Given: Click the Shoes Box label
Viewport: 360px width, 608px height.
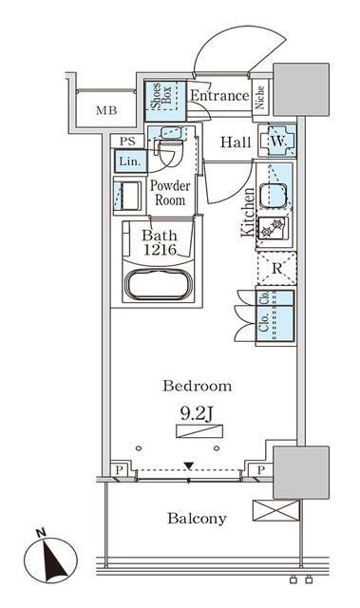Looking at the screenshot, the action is [x=161, y=96].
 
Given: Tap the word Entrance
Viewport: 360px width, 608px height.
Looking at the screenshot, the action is [x=219, y=95].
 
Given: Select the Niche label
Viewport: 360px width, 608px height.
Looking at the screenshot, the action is [x=259, y=97].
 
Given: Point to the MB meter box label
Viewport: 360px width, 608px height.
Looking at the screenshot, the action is [x=106, y=110].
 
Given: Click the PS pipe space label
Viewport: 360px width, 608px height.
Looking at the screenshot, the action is [x=127, y=142].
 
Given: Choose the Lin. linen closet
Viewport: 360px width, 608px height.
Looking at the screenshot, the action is [x=130, y=161].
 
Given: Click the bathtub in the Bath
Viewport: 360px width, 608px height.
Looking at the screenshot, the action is [x=158, y=285].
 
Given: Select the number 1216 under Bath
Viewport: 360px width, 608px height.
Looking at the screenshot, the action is [x=160, y=249].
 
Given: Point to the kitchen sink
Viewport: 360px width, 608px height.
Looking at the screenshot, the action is [x=274, y=196].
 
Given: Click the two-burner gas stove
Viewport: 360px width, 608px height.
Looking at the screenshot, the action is [x=273, y=228].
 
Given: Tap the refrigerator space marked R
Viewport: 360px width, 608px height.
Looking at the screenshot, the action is [x=276, y=269].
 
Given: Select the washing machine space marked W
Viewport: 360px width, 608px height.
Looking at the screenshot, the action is [x=277, y=142].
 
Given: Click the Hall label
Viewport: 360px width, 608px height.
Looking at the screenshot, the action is [x=236, y=142].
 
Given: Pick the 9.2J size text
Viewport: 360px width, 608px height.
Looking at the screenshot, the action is [x=197, y=414].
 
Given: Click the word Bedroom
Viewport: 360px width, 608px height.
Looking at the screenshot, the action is [x=198, y=386].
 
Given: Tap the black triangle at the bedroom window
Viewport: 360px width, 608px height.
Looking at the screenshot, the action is [x=189, y=465].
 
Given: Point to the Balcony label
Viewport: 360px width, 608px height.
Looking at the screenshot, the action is [x=197, y=519].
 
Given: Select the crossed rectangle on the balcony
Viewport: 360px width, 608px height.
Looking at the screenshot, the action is [x=275, y=510].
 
